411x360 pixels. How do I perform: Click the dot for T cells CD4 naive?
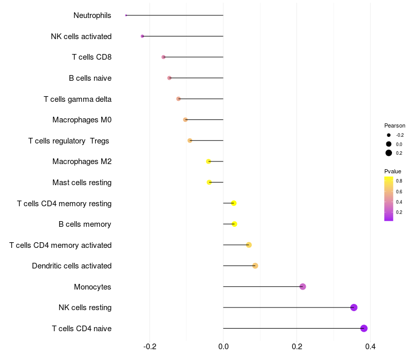click(x=364, y=328)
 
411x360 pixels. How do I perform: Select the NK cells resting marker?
click(x=353, y=308)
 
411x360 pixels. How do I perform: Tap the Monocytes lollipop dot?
click(x=303, y=286)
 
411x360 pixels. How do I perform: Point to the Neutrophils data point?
click(x=126, y=15)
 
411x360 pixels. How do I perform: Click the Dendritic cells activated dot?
click(x=255, y=266)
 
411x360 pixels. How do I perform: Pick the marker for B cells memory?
click(x=234, y=224)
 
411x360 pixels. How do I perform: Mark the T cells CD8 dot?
click(x=163, y=57)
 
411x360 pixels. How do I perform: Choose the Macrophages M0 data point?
click(x=185, y=120)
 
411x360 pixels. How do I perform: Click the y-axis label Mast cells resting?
click(x=82, y=183)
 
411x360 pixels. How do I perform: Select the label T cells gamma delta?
click(x=78, y=99)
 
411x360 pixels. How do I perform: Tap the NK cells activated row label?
click(x=81, y=37)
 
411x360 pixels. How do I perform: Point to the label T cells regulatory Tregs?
click(x=69, y=141)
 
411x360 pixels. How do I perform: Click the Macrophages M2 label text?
click(x=82, y=161)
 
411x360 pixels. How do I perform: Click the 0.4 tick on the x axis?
click(x=370, y=347)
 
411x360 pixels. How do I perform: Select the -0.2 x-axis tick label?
click(x=150, y=347)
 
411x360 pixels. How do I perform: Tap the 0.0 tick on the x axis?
click(x=223, y=347)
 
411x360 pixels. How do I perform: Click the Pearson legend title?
click(x=395, y=125)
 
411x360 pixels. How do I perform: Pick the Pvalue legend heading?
click(x=393, y=171)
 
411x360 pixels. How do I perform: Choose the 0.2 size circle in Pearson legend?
click(x=389, y=153)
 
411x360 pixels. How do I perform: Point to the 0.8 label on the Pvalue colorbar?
click(x=399, y=181)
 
